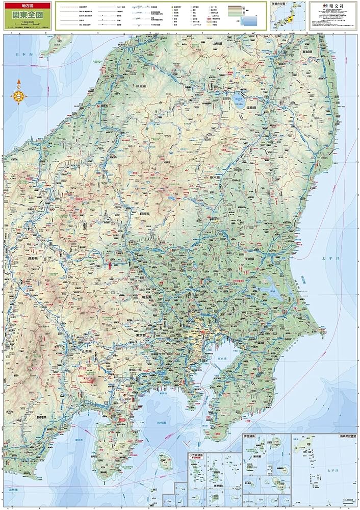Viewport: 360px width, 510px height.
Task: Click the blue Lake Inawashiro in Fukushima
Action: (x=237, y=100)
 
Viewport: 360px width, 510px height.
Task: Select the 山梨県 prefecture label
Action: (x=90, y=351)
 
